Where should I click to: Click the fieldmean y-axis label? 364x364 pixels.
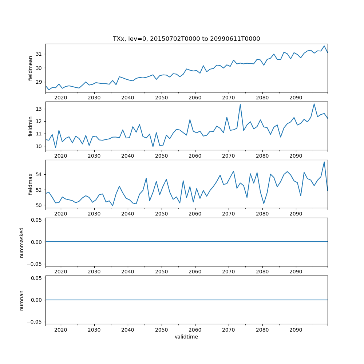31,68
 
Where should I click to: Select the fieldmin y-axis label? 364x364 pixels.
31,126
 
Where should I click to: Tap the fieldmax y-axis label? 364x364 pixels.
31,184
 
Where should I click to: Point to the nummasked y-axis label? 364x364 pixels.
21,242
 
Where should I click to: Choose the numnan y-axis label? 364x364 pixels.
21,300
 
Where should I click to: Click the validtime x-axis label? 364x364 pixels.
186,337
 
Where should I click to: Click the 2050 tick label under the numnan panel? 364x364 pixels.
161,330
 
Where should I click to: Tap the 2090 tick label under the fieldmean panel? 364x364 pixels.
296,98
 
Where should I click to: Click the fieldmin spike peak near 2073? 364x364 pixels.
240,104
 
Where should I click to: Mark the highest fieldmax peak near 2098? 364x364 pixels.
324,162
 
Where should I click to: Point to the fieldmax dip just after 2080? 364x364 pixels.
264,203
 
